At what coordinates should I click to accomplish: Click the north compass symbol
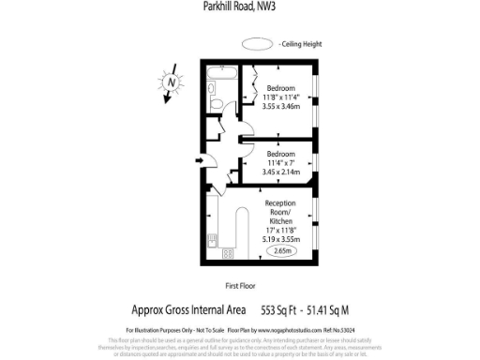click(171, 82)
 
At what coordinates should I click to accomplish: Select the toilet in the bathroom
click(214, 92)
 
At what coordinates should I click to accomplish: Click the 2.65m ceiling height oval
click(280, 251)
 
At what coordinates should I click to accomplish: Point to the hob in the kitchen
click(227, 252)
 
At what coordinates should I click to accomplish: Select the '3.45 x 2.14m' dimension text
click(281, 172)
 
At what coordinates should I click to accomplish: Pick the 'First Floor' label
click(241, 285)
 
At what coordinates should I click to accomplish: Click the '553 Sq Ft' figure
click(285, 309)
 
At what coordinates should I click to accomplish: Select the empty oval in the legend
click(256, 43)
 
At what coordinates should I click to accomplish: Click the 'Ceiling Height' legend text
click(301, 44)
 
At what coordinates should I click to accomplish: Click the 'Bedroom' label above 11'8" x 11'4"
click(281, 87)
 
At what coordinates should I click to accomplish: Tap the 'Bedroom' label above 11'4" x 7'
click(281, 153)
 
